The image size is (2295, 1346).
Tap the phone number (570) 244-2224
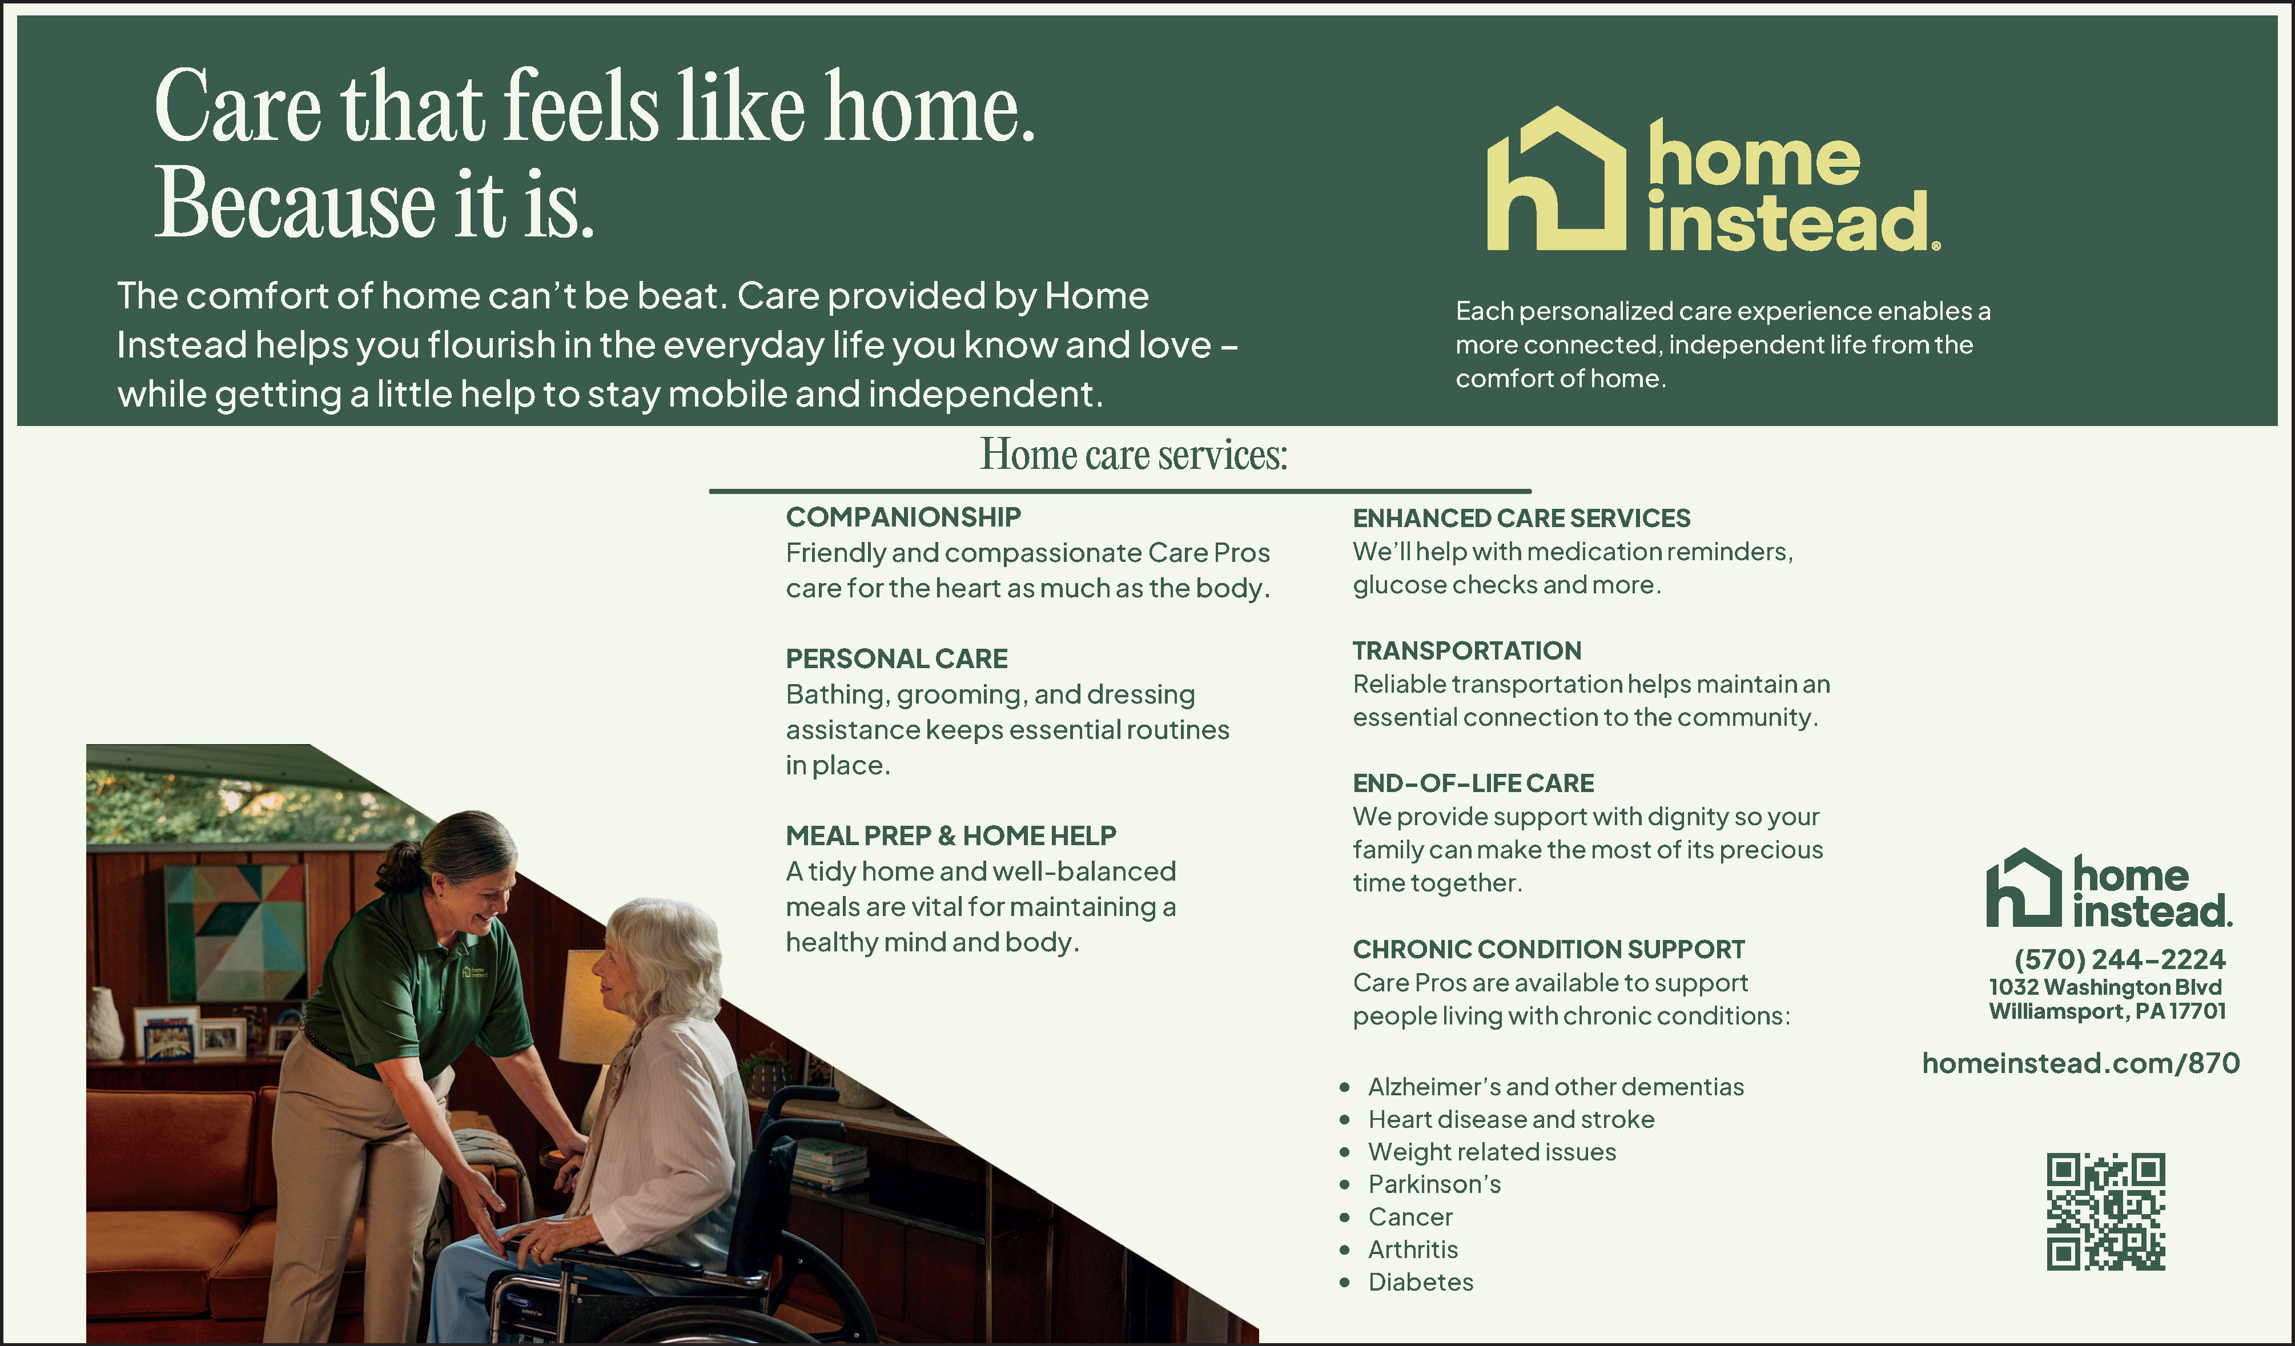click(x=2119, y=959)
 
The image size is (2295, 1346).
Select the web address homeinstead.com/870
click(x=2080, y=1063)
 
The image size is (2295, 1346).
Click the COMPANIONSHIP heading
click(x=903, y=517)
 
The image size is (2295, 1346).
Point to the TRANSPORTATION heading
click(x=1466, y=651)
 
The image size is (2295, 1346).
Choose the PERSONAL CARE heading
click(x=896, y=658)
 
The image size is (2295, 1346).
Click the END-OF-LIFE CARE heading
click(x=1473, y=783)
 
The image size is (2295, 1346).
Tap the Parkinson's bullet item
click(x=1434, y=1184)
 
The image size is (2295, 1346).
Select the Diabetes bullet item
click(x=1420, y=1282)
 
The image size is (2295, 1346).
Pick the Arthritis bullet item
click(x=1413, y=1249)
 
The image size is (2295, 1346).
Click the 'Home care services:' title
click(x=1134, y=455)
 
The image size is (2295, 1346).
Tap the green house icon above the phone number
click(x=2024, y=888)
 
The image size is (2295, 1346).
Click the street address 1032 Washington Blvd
click(x=2105, y=987)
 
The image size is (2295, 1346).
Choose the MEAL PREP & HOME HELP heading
click(x=951, y=835)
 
